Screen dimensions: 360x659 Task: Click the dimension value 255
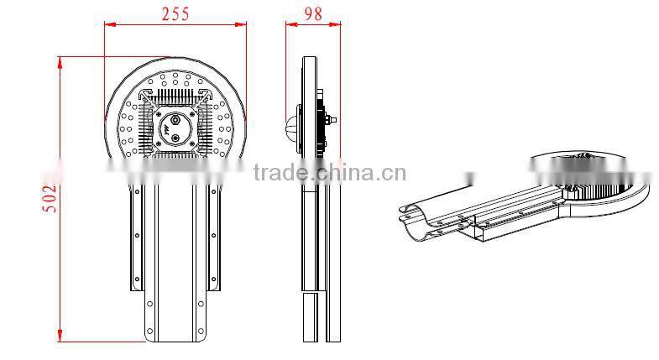click(175, 13)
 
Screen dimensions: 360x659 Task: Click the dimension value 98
click(314, 13)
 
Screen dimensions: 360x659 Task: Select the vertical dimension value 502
click(50, 198)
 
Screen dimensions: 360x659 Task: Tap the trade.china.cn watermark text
click(329, 174)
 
